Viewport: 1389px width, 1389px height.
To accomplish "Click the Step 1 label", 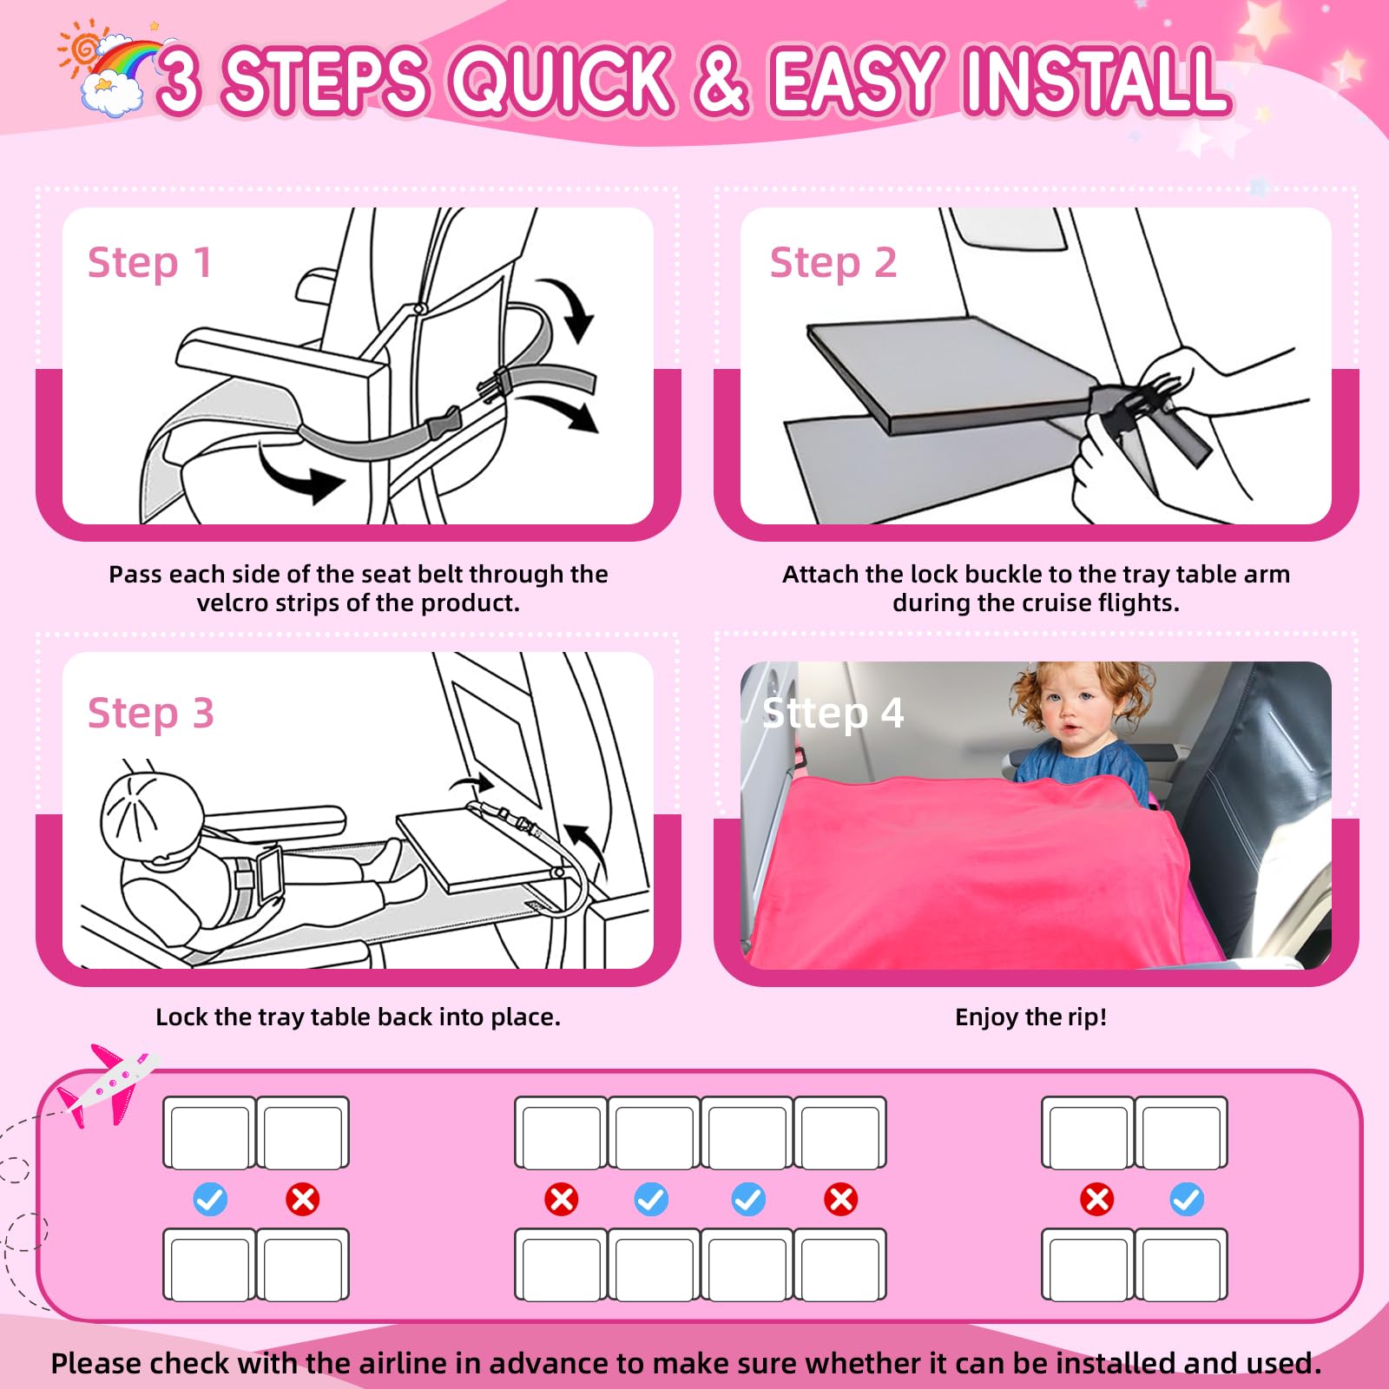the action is coord(150,263).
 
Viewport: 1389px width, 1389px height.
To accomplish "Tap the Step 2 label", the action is coord(833,263).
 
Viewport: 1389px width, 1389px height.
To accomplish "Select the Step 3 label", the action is coord(151,714).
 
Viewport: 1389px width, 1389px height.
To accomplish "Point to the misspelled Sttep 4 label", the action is coord(833,713).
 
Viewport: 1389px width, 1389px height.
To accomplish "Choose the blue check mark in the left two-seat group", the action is coord(210,1199).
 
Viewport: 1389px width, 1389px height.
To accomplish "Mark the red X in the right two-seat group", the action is coord(1097,1199).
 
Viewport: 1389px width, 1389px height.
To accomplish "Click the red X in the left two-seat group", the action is coord(303,1199).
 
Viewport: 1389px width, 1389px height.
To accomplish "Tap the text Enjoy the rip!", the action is coord(1031,1017).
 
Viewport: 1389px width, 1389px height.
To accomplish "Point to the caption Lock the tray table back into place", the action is coord(359,1017).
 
